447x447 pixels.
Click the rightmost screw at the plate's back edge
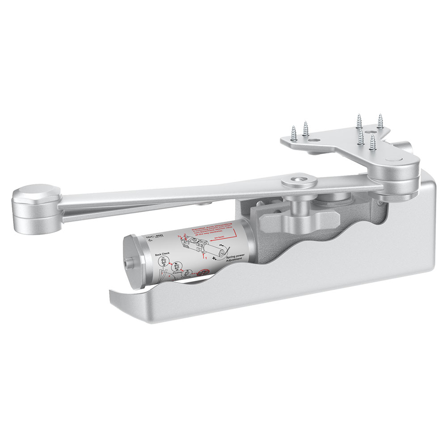[380, 120]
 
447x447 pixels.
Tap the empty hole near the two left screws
[316, 140]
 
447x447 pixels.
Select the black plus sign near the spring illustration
[215, 258]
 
